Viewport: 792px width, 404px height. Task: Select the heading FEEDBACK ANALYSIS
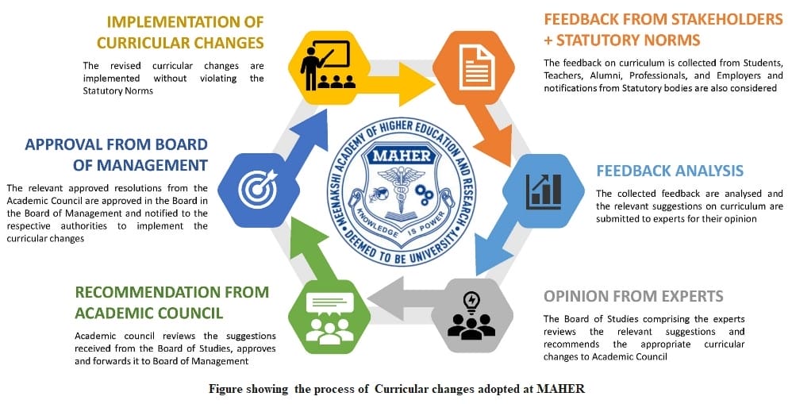[x=669, y=171]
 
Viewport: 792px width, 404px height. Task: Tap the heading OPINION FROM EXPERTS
[x=633, y=296]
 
